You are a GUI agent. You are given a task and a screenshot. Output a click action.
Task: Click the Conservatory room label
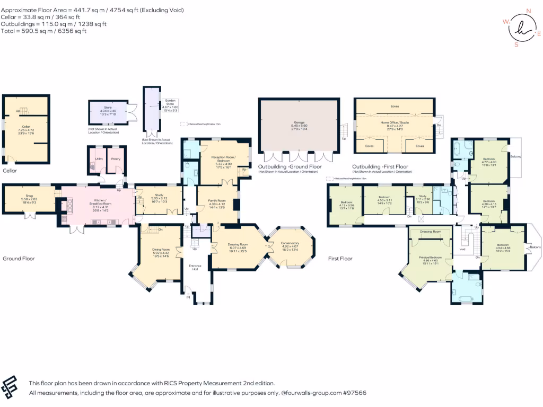click(x=290, y=243)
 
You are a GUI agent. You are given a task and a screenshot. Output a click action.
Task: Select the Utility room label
click(x=98, y=158)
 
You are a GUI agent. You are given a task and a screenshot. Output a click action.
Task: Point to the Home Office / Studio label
click(x=395, y=122)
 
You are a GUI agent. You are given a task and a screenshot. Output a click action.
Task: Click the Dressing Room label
click(x=430, y=232)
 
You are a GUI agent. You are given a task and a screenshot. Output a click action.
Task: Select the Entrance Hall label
click(x=197, y=267)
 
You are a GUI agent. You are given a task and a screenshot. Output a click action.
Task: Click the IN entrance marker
click(x=187, y=298)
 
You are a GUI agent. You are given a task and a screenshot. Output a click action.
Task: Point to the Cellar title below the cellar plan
click(x=10, y=171)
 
